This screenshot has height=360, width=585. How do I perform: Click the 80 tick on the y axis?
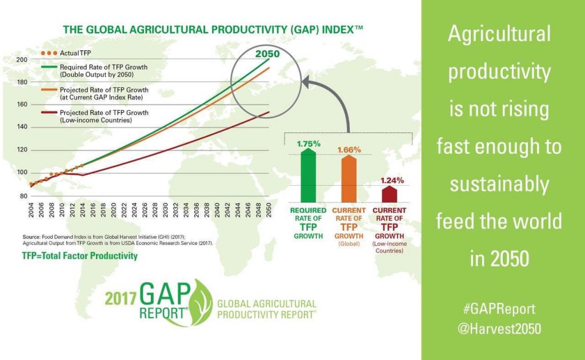pos(23,196)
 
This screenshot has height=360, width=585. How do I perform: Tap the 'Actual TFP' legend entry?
pos(69,53)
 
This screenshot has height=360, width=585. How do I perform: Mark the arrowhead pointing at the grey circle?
pos(307,84)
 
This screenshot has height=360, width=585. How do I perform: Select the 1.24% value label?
pos(392,180)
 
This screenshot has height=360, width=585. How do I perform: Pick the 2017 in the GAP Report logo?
pos(122,297)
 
